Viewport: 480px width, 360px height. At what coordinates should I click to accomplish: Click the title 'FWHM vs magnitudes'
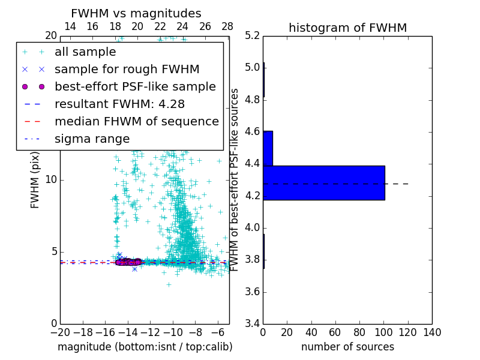[x=136, y=13]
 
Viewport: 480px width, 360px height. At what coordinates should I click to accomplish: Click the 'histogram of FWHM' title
[x=347, y=28]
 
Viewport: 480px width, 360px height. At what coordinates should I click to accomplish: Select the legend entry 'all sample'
[x=85, y=52]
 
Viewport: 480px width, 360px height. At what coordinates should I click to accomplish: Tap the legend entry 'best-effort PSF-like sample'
[x=135, y=86]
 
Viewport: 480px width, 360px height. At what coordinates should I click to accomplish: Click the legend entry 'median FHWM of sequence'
[x=136, y=121]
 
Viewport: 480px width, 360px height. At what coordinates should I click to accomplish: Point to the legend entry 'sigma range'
[x=92, y=139]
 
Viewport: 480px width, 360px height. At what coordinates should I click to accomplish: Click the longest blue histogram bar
[x=324, y=183]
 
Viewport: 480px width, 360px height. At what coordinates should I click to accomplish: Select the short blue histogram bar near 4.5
[x=268, y=148]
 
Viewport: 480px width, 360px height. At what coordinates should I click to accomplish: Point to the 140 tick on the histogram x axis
[x=432, y=333]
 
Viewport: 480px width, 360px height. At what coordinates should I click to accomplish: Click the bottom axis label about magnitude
[x=145, y=347]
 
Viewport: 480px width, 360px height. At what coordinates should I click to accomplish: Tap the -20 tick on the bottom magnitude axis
[x=60, y=333]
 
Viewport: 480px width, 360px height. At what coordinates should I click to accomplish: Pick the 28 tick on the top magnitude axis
[x=227, y=27]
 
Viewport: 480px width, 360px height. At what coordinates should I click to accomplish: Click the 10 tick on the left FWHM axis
[x=51, y=180]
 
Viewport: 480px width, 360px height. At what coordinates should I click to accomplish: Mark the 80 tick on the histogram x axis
[x=359, y=333]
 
